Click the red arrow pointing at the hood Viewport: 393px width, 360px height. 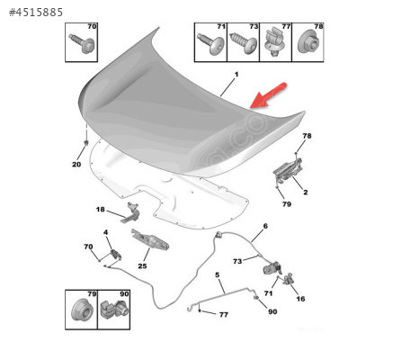[x=268, y=95]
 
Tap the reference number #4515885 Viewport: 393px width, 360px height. [x=36, y=13]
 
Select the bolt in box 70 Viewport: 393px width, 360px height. [x=82, y=42]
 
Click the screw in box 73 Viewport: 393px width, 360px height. [x=243, y=42]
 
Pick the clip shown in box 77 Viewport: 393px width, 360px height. [x=274, y=42]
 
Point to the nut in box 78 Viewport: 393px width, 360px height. [x=308, y=43]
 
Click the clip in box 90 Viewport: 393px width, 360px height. [x=114, y=309]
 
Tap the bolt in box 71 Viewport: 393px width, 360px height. [x=211, y=43]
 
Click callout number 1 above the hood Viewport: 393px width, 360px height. [x=237, y=75]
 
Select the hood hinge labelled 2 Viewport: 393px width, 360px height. [x=287, y=170]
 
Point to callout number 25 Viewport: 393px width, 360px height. [x=142, y=266]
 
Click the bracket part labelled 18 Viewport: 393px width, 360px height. [x=130, y=212]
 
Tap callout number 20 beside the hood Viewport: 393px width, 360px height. [x=76, y=164]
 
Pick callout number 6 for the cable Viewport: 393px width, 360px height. [x=265, y=226]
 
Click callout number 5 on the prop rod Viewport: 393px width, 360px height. [x=218, y=274]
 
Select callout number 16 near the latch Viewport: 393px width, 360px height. [x=300, y=299]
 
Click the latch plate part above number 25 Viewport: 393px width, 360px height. [x=150, y=239]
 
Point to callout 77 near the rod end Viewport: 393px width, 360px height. [x=224, y=314]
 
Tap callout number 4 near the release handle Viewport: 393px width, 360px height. [x=105, y=232]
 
